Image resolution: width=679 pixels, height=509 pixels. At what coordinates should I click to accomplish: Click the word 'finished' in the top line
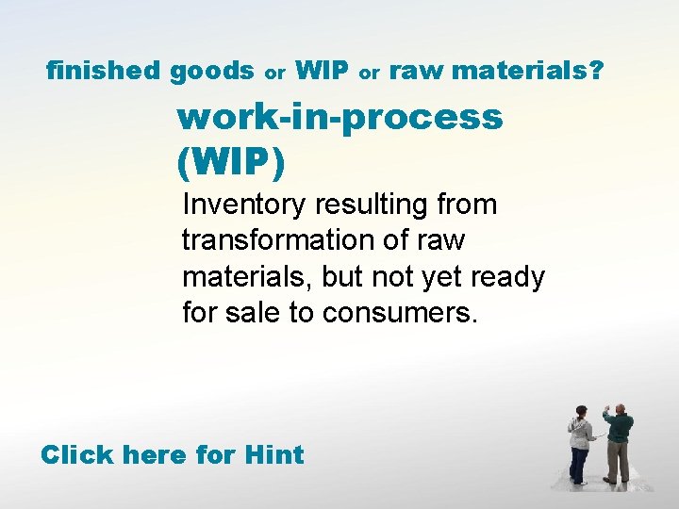[105, 70]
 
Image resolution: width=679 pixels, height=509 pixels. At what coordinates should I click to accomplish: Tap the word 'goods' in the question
[212, 71]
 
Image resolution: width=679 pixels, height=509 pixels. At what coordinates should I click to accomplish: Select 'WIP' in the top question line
[323, 70]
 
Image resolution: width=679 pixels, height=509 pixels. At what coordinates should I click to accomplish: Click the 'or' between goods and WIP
[274, 73]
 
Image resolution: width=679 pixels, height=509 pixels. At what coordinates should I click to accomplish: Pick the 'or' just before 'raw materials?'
[370, 73]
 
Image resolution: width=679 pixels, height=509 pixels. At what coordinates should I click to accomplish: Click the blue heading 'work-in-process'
[339, 118]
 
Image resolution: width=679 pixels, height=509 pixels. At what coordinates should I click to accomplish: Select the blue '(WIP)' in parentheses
[230, 161]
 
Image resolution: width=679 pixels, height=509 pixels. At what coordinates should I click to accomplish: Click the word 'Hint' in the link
[273, 454]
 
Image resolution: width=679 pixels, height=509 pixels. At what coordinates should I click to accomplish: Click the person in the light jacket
[579, 443]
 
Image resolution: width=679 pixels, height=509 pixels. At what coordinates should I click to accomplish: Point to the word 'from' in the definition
[467, 205]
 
